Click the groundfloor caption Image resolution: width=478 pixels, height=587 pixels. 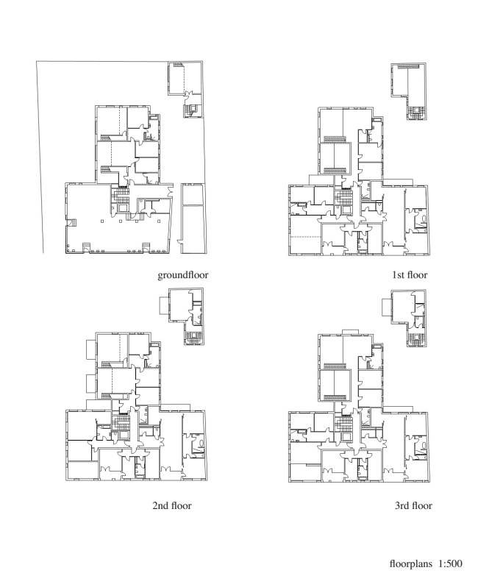[x=182, y=275]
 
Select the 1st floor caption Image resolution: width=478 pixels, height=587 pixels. [x=410, y=275]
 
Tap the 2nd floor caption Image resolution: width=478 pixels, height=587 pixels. [x=172, y=506]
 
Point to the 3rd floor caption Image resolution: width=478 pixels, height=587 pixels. [x=413, y=506]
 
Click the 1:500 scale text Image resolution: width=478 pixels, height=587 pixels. [x=450, y=563]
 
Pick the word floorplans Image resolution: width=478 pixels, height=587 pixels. [x=410, y=563]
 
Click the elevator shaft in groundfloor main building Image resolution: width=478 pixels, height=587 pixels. [x=123, y=207]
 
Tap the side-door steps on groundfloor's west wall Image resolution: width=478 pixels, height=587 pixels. [x=71, y=222]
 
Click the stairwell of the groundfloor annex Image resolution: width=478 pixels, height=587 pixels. [x=193, y=110]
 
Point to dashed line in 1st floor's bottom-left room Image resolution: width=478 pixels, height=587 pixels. [x=306, y=237]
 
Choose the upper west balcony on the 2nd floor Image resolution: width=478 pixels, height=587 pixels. [x=91, y=349]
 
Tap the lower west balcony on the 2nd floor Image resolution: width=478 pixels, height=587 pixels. [x=91, y=383]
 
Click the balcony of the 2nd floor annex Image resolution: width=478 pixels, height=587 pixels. [x=164, y=305]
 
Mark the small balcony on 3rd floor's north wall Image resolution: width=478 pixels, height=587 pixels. [x=350, y=332]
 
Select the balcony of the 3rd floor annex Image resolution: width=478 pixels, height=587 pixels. [x=387, y=307]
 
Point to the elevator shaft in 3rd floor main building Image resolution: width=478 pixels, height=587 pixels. [x=346, y=436]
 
